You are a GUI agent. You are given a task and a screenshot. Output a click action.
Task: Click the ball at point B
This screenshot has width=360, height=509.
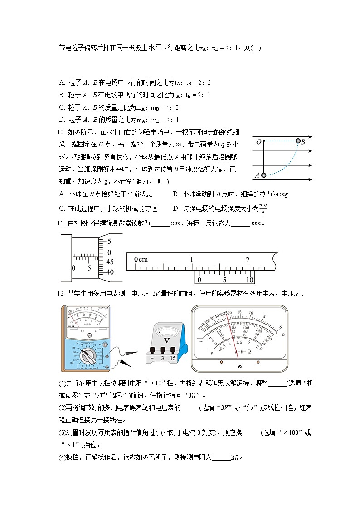point(298,141)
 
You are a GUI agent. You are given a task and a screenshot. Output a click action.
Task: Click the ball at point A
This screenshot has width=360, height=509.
point(263,175)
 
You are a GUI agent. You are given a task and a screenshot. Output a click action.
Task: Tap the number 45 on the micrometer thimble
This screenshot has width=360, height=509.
point(110,262)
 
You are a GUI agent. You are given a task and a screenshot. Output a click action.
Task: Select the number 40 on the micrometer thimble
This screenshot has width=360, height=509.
point(110,272)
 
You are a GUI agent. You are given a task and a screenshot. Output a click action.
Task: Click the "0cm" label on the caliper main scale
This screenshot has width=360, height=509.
point(141,259)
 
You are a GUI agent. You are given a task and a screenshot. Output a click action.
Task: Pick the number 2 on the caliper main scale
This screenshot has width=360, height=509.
point(248,260)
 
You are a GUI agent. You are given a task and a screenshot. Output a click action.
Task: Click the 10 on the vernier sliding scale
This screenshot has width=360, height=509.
point(249,280)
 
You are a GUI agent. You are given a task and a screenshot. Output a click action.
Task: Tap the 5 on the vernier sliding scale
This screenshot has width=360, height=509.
point(224,280)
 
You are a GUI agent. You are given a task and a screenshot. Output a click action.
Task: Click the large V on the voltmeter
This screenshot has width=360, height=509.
point(166,340)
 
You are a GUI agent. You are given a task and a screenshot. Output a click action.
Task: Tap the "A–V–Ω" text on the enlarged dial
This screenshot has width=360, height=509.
point(243,351)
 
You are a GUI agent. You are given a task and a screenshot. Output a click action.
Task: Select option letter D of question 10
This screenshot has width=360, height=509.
point(175,208)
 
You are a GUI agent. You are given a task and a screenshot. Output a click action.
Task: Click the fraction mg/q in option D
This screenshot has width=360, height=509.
point(263,208)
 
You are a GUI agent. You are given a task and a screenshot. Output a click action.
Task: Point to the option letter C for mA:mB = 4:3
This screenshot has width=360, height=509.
point(62,107)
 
